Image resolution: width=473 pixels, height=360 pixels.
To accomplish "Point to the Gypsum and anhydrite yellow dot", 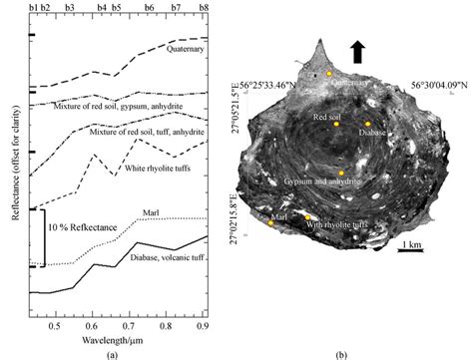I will (x=341, y=173).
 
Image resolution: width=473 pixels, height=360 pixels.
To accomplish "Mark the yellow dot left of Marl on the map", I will (x=271, y=222).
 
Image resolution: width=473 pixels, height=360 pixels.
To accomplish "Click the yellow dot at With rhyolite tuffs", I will (x=307, y=216).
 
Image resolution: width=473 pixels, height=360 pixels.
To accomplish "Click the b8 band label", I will (x=204, y=7).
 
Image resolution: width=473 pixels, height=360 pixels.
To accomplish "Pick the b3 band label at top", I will (x=69, y=7).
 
